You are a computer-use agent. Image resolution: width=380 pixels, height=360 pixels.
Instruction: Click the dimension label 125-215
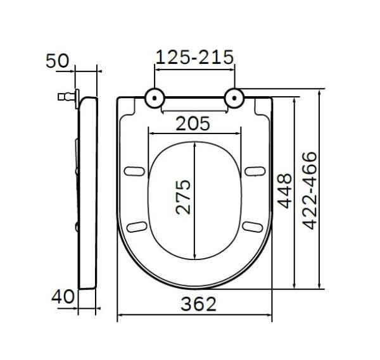194,57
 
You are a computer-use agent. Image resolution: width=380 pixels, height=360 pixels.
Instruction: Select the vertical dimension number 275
182,197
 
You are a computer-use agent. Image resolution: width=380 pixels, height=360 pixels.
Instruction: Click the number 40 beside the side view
63,295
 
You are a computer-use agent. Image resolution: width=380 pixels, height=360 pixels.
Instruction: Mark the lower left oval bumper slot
136,227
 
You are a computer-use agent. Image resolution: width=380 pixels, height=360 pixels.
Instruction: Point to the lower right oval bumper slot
253,227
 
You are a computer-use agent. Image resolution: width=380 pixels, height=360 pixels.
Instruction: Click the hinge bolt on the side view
64,98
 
